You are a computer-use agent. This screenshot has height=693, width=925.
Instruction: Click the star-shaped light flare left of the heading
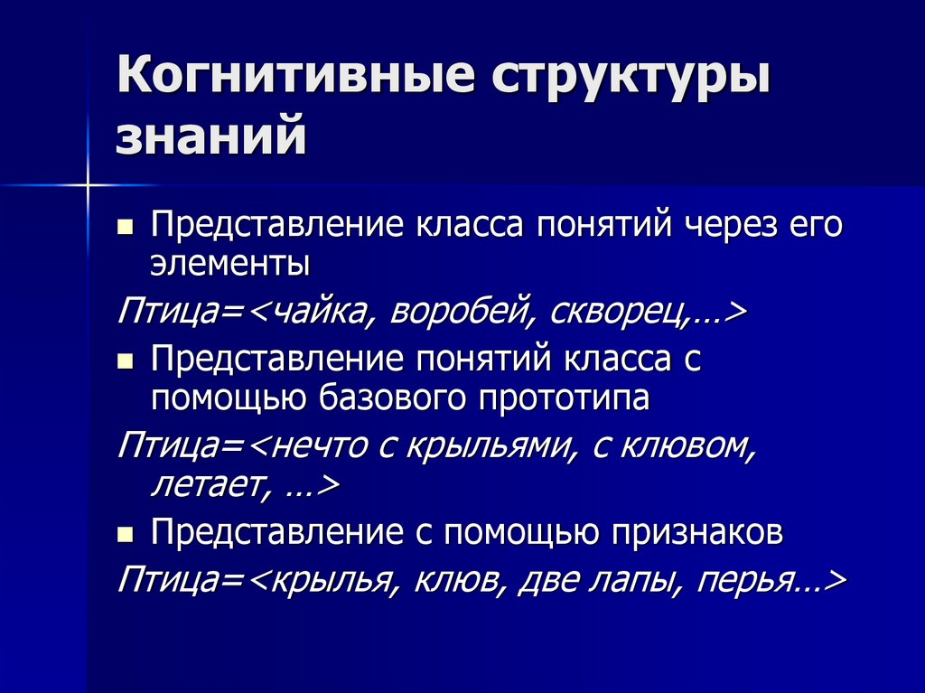pyautogui.click(x=89, y=185)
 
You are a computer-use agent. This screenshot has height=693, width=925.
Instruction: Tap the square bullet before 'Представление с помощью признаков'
pyautogui.click(x=126, y=534)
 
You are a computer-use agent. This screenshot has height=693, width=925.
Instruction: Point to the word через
pyautogui.click(x=739, y=224)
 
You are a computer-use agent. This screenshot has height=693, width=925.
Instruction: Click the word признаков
pyautogui.click(x=696, y=533)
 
